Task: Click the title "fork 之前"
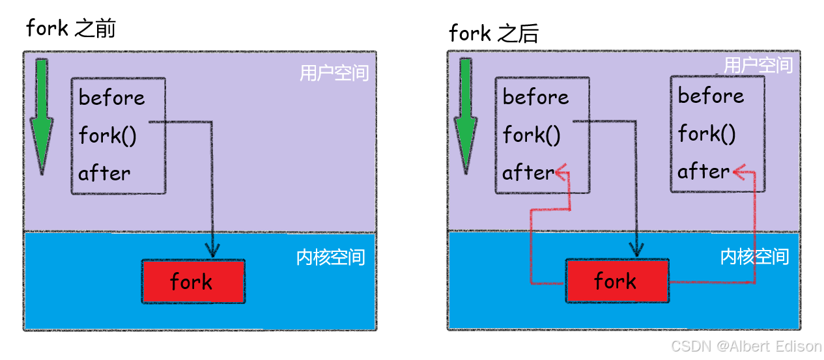pyautogui.click(x=70, y=29)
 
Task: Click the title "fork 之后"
pyautogui.click(x=494, y=33)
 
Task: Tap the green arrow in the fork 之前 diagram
pyautogui.click(x=42, y=115)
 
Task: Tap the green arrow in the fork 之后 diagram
pyautogui.click(x=465, y=115)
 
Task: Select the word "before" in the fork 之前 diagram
pyautogui.click(x=111, y=98)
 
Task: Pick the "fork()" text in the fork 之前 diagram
pyautogui.click(x=107, y=136)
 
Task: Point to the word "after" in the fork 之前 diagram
pyautogui.click(x=104, y=174)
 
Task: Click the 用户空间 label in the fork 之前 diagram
pyautogui.click(x=334, y=73)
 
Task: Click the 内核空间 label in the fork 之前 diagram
pyautogui.click(x=330, y=257)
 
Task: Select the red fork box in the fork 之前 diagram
pyautogui.click(x=193, y=281)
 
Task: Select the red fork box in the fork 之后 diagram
pyautogui.click(x=616, y=281)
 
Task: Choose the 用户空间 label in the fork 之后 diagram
pyautogui.click(x=758, y=66)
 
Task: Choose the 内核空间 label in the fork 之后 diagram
pyautogui.click(x=754, y=256)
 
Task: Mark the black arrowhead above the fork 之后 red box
pyautogui.click(x=636, y=249)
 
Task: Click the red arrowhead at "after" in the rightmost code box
pyautogui.click(x=739, y=172)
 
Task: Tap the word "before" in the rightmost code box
pyautogui.click(x=711, y=96)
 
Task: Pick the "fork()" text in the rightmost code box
pyautogui.click(x=707, y=134)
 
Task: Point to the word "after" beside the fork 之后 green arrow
pyautogui.click(x=528, y=173)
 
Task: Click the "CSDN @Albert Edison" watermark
pyautogui.click(x=746, y=346)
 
